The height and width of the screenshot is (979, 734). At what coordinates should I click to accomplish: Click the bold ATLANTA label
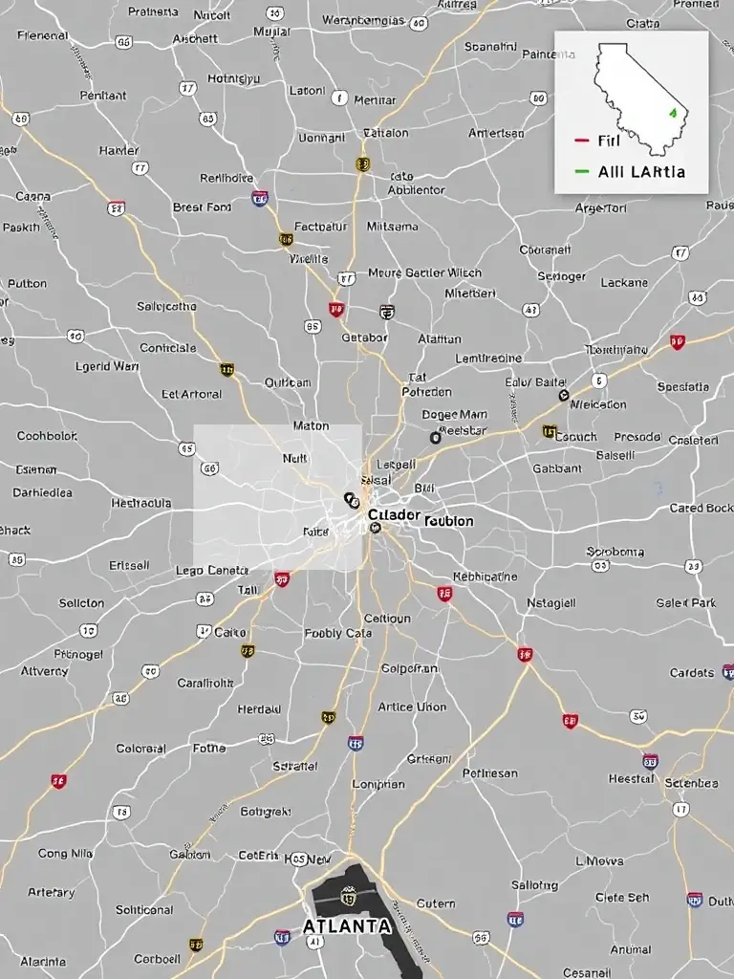pos(346,926)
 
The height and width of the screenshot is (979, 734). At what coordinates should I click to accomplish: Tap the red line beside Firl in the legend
pos(581,141)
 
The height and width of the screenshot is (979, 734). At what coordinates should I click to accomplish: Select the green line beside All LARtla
pos(581,172)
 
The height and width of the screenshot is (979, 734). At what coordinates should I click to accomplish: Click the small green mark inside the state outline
pos(673,113)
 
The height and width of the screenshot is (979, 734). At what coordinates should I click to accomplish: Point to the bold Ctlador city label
pos(393,514)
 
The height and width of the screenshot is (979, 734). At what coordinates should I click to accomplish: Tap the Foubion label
pos(447,521)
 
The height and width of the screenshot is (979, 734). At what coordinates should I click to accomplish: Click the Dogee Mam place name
pos(455,415)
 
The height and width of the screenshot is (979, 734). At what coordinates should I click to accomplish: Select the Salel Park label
pos(686,603)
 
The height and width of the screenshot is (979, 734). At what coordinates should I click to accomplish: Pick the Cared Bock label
pos(701,508)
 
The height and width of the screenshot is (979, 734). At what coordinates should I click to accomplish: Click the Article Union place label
pos(412,707)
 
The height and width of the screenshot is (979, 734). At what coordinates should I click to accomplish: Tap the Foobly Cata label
pos(337,633)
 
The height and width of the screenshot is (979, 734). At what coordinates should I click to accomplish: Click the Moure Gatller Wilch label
pos(424,272)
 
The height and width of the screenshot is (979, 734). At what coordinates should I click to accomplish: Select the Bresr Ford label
pos(202,207)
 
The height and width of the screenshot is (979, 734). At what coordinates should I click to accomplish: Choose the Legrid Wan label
pos(106,365)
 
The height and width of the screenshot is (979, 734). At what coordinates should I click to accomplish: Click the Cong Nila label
pos(66,853)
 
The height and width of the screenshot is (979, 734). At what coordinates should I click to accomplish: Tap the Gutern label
pos(436,903)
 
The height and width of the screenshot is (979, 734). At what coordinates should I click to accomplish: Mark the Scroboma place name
pos(615,552)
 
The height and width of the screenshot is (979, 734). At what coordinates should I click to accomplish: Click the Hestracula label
pos(141,503)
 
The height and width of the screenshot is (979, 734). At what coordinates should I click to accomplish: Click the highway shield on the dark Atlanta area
pos(349,896)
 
